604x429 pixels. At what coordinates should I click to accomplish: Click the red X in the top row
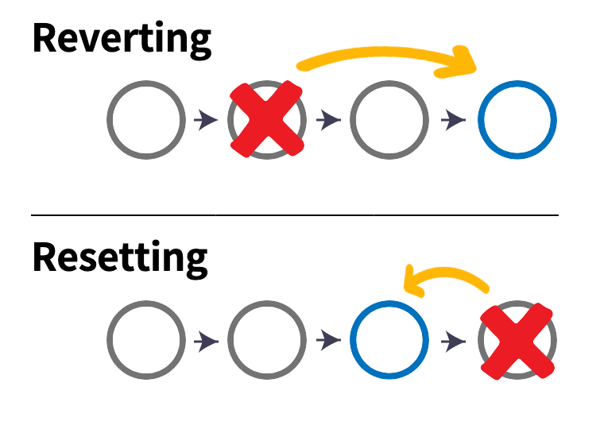[x=268, y=119]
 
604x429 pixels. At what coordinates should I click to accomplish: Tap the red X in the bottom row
[x=517, y=340]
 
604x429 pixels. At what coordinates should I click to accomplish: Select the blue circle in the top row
[x=517, y=120]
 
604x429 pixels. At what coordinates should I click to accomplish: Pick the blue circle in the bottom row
[x=389, y=340]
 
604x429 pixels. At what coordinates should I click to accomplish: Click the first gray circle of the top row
[x=146, y=120]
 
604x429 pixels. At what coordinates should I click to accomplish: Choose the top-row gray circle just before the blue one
[x=389, y=120]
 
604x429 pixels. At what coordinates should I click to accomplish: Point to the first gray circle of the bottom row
[x=146, y=340]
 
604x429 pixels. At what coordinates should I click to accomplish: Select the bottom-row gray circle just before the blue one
[x=267, y=340]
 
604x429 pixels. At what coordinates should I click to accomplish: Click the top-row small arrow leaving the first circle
[x=206, y=120]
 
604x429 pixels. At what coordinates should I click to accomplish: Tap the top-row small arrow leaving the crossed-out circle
[x=328, y=120]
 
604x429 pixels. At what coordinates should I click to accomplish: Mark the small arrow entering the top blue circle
[x=454, y=120]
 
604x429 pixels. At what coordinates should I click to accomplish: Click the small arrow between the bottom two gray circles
[x=206, y=341]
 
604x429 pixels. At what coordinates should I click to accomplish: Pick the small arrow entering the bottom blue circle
[x=328, y=341]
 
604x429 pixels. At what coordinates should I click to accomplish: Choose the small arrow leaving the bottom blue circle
[x=454, y=341]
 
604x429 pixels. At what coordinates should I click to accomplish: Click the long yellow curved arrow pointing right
[x=381, y=54]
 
